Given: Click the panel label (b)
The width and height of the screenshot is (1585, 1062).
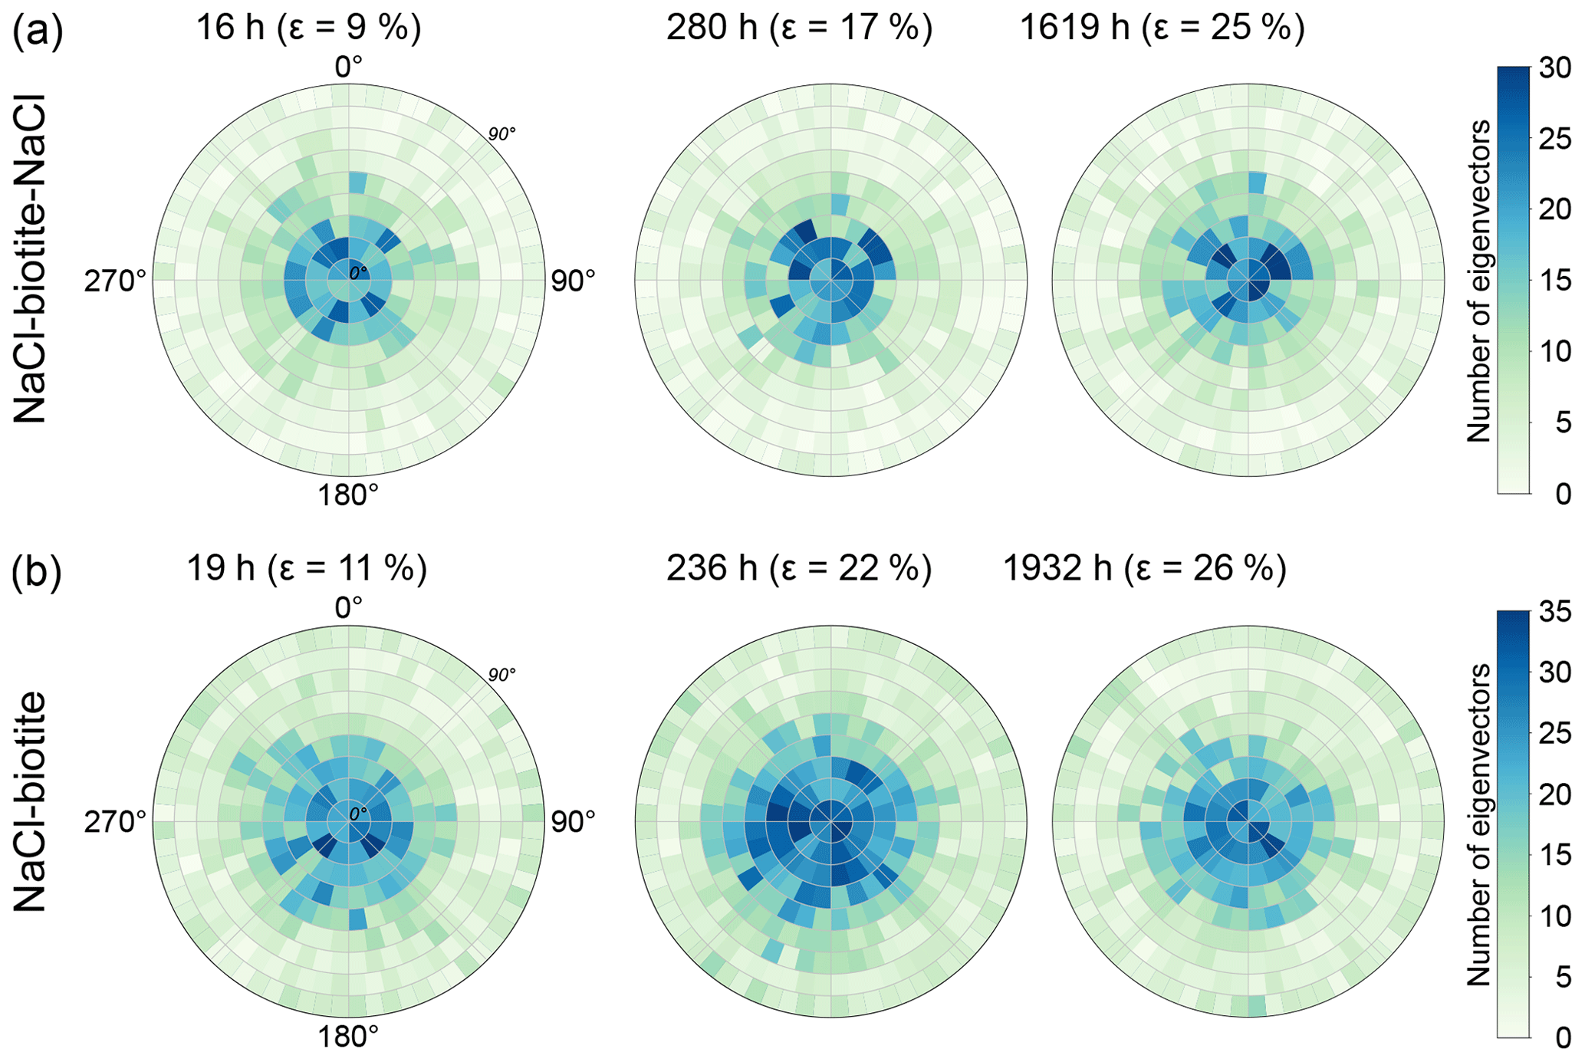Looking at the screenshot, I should [x=37, y=574].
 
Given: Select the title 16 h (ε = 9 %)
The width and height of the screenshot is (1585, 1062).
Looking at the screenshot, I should [x=308, y=28].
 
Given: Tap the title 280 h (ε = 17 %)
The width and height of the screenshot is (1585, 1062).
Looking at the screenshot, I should [x=799, y=28].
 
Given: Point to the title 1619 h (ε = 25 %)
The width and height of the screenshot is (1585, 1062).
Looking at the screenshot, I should [x=1162, y=28].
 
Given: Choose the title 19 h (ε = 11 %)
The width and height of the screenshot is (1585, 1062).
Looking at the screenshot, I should [x=307, y=569].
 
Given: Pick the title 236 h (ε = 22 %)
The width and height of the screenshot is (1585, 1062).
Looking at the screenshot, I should [x=799, y=569].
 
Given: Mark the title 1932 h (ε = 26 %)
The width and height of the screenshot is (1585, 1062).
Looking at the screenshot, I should [x=1145, y=569].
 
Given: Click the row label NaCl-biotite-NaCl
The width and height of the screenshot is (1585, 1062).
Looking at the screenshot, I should [x=31, y=258].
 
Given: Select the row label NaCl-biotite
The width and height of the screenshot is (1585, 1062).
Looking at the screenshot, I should [x=31, y=802].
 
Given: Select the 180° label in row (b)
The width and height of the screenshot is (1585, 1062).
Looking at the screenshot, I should [x=348, y=1037].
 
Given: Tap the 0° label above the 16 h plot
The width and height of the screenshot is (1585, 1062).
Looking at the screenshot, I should [x=349, y=67].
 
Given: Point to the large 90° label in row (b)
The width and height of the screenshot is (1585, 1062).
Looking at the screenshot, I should [x=573, y=822].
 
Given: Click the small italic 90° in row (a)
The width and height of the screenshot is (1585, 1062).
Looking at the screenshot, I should [x=502, y=134].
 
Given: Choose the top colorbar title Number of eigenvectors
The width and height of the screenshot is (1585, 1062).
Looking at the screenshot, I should [x=1478, y=281].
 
